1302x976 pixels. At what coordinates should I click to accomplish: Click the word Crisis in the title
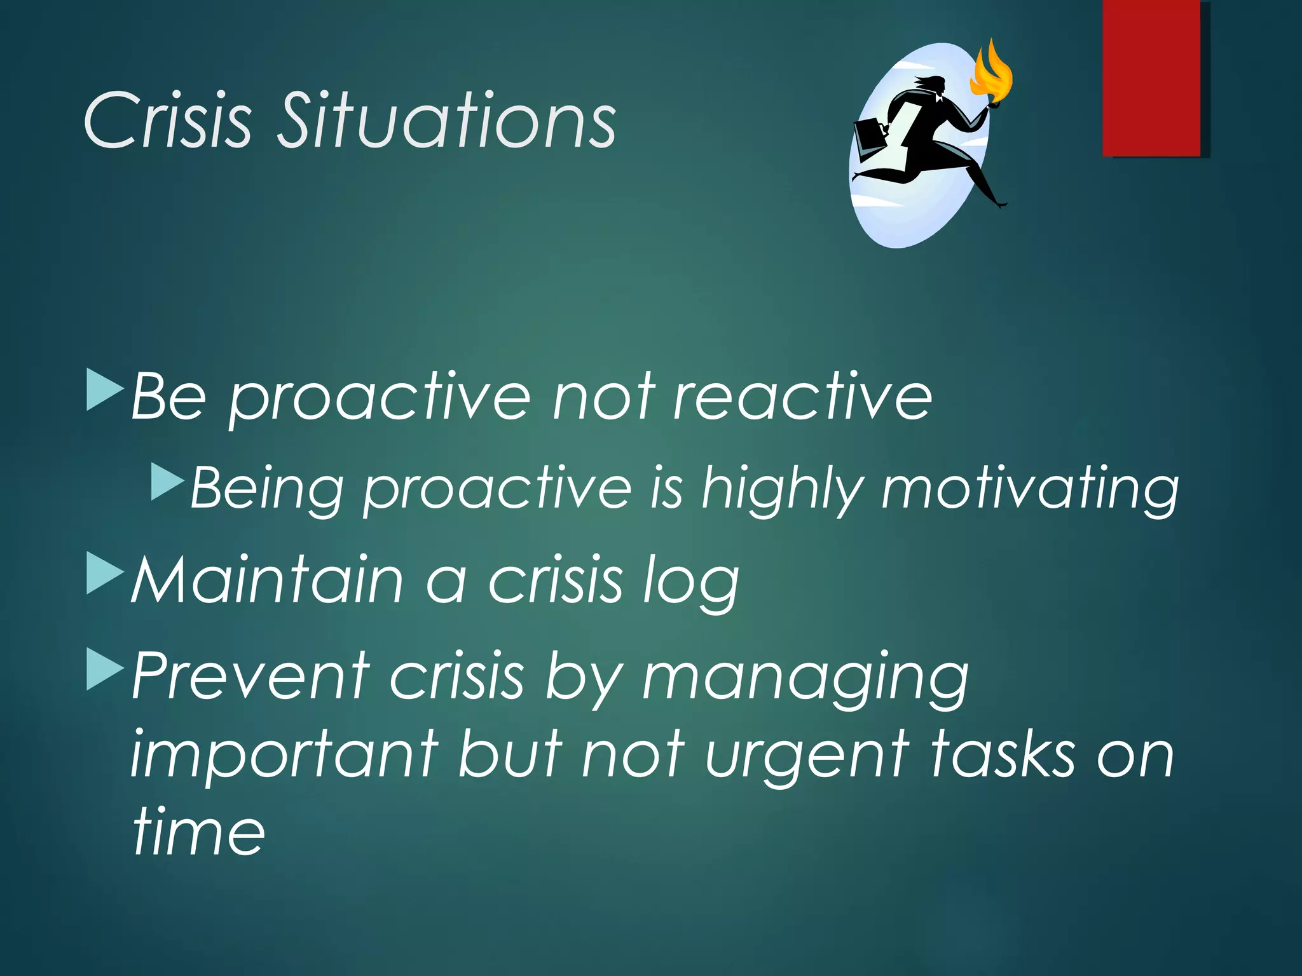[168, 121]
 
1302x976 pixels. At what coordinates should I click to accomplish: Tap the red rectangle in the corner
[1151, 78]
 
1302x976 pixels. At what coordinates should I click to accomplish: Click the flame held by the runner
[991, 73]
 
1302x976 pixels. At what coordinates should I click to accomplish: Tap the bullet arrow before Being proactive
[167, 482]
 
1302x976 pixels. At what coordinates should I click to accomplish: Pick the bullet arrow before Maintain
[105, 573]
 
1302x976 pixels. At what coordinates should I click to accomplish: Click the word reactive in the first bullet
[802, 397]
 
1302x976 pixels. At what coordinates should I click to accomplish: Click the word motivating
[1030, 489]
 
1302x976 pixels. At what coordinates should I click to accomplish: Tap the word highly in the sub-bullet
[782, 489]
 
